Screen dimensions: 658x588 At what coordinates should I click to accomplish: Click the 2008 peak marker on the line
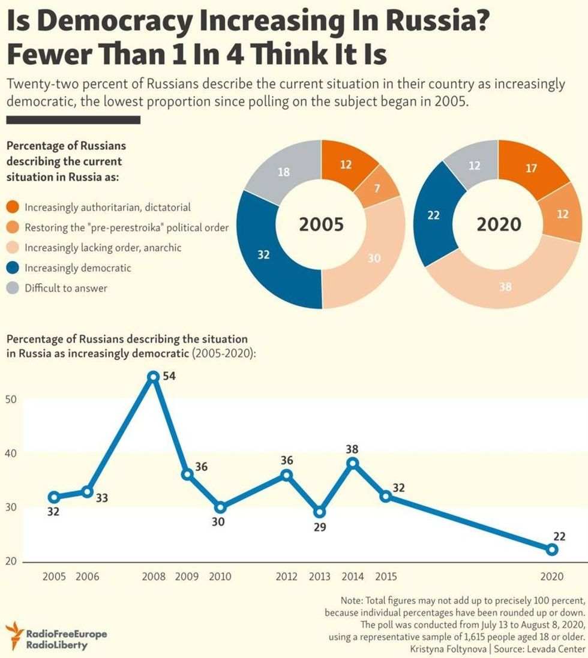[x=153, y=377]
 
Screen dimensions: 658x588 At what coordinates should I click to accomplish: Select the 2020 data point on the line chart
[x=552, y=549]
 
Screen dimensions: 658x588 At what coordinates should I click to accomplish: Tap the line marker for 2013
[x=320, y=512]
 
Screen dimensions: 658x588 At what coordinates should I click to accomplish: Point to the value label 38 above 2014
[x=352, y=449]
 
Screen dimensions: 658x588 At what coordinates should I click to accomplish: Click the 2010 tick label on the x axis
[x=220, y=577]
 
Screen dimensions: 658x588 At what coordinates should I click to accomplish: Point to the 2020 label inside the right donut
[x=499, y=225]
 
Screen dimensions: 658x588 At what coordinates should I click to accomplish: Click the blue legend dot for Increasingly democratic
[x=13, y=268]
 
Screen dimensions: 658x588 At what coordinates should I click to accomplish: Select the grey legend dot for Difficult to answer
[x=13, y=288]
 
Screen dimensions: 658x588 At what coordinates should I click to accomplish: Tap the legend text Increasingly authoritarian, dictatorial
[x=107, y=208]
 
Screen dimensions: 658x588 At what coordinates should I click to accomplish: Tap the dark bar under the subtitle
[x=73, y=120]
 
